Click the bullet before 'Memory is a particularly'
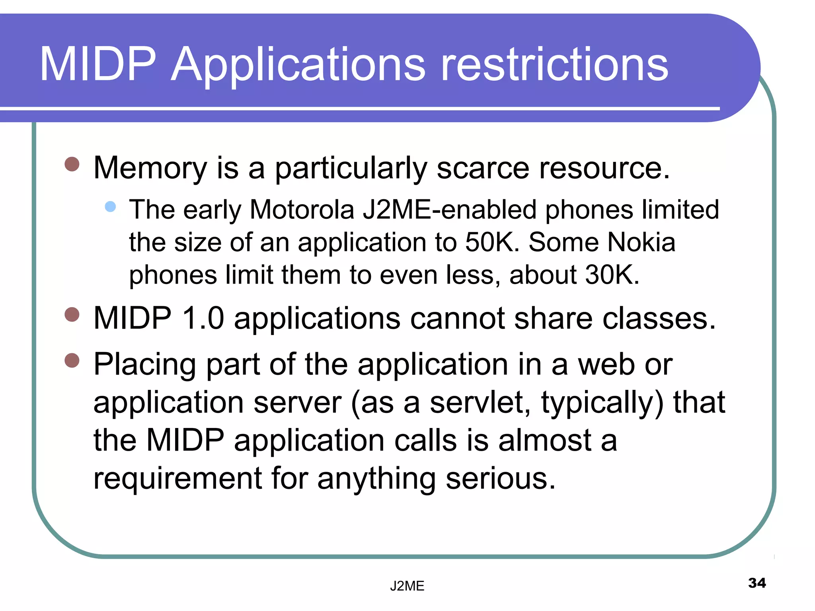point(72,164)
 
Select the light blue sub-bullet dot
point(110,206)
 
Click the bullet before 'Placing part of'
point(72,360)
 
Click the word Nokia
point(641,242)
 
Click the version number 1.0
point(203,318)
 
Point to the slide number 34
point(757,583)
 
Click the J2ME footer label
point(407,586)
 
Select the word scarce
point(483,168)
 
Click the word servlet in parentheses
point(480,403)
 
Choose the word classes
point(659,318)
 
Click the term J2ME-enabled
point(449,210)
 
